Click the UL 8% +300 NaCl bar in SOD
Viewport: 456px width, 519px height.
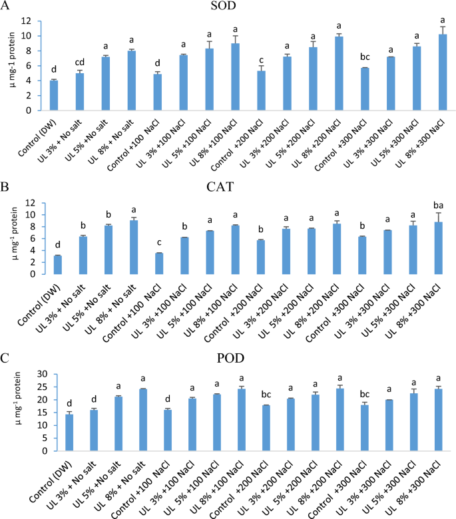[x=443, y=73]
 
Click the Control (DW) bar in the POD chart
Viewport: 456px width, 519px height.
[x=54, y=432]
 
